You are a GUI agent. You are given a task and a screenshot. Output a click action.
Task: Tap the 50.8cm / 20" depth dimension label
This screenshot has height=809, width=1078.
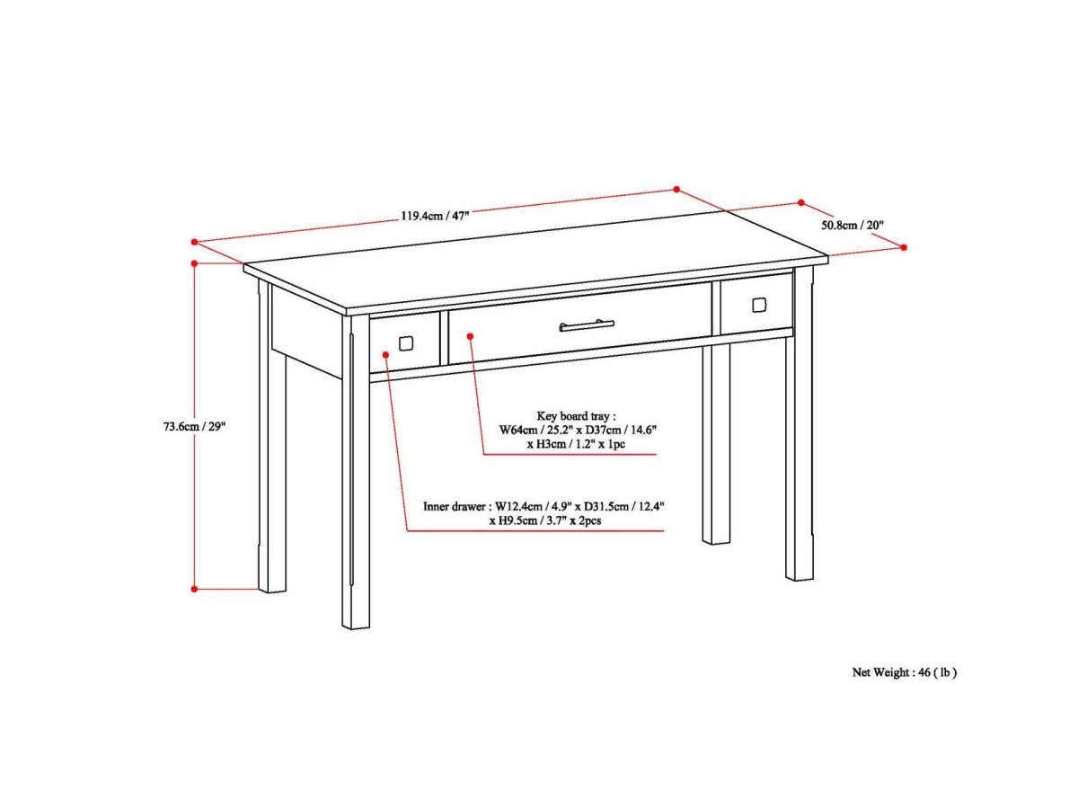[853, 225]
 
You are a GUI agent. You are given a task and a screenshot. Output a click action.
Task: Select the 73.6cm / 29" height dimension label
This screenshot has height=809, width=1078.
[194, 426]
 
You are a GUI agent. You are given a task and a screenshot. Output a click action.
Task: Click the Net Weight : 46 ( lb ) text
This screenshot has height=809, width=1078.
[904, 672]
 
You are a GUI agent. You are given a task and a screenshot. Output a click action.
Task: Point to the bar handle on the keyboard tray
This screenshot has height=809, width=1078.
[587, 325]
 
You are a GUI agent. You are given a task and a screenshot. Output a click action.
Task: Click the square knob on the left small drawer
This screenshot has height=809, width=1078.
[406, 343]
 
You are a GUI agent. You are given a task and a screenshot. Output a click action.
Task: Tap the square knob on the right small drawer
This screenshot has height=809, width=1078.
[759, 305]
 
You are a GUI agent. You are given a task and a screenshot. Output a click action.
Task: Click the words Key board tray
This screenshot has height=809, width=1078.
[572, 416]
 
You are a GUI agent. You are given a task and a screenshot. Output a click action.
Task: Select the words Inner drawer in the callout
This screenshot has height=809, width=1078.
[454, 506]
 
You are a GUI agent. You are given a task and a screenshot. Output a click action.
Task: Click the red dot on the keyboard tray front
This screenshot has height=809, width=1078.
[470, 336]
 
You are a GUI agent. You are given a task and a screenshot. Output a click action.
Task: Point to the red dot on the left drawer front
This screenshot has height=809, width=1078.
[386, 355]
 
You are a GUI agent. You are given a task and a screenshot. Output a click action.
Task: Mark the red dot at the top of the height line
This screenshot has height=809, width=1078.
[194, 263]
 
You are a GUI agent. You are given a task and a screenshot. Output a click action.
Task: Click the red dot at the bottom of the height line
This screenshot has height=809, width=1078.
[194, 589]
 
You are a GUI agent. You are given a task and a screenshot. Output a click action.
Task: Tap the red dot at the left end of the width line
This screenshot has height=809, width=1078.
[194, 242]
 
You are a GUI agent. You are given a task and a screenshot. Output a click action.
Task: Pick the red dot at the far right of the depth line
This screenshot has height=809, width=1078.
[904, 247]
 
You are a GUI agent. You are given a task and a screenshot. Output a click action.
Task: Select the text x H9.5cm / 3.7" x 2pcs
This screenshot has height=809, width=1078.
[544, 520]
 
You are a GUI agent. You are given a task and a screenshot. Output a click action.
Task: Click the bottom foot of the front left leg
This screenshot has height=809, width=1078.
[356, 621]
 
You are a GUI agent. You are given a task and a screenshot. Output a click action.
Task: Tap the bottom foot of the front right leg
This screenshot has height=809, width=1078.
[800, 573]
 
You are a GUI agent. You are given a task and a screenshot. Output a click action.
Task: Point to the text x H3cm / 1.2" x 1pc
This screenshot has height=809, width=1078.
[576, 445]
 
